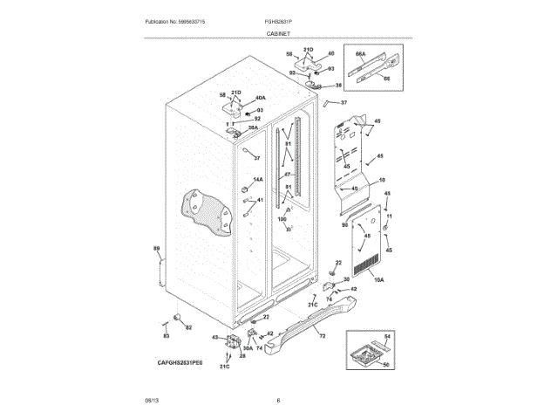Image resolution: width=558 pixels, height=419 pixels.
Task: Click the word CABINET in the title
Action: pyautogui.click(x=278, y=32)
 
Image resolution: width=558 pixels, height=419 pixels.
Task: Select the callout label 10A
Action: pyautogui.click(x=378, y=279)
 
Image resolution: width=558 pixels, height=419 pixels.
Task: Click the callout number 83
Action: pyautogui.click(x=166, y=335)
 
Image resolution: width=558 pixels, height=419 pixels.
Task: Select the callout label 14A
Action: pyautogui.click(x=257, y=180)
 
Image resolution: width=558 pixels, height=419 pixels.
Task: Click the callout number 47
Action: pyautogui.click(x=285, y=175)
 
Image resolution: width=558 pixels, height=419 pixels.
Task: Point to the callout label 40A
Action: pyautogui.click(x=260, y=98)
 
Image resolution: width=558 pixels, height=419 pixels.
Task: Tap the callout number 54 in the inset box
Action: pyautogui.click(x=388, y=336)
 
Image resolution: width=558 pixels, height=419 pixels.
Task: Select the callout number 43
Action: pyautogui.click(x=214, y=337)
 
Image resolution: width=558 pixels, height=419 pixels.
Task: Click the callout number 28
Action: pyautogui.click(x=218, y=356)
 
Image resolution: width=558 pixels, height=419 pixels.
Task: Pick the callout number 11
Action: pyautogui.click(x=389, y=216)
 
